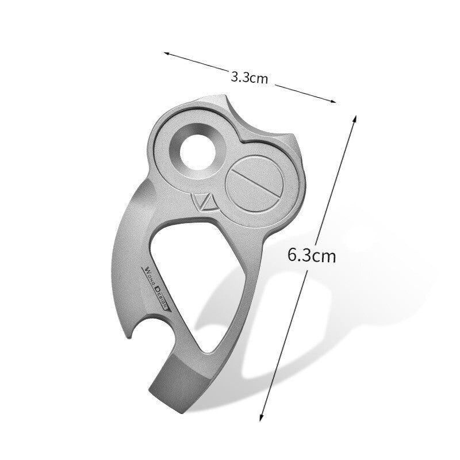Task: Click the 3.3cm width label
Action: click(249, 77)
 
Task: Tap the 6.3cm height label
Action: click(311, 255)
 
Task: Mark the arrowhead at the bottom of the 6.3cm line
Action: click(262, 415)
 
